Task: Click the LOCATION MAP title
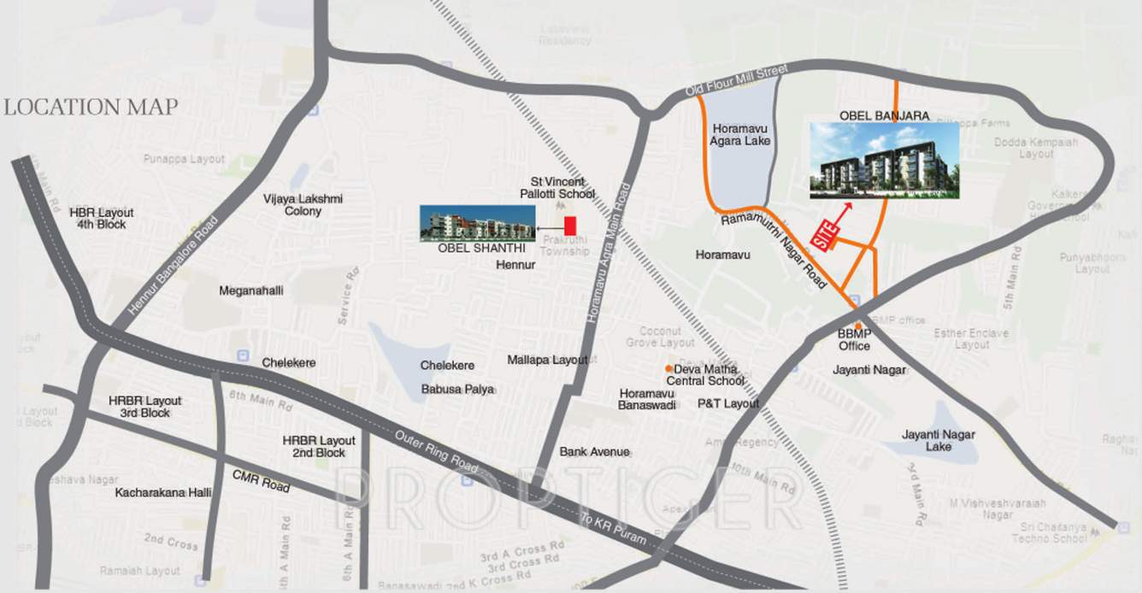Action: coord(91,107)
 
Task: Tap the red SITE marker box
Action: coord(822,236)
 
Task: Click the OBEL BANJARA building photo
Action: coord(884,161)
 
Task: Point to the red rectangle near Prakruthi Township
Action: coord(570,226)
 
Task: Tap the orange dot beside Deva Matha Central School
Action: coord(668,368)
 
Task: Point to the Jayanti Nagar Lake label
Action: coord(938,440)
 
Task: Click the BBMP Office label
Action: coord(854,340)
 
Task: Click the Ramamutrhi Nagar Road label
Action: coord(774,250)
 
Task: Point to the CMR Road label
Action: coord(261,481)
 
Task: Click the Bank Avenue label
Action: coord(594,451)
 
